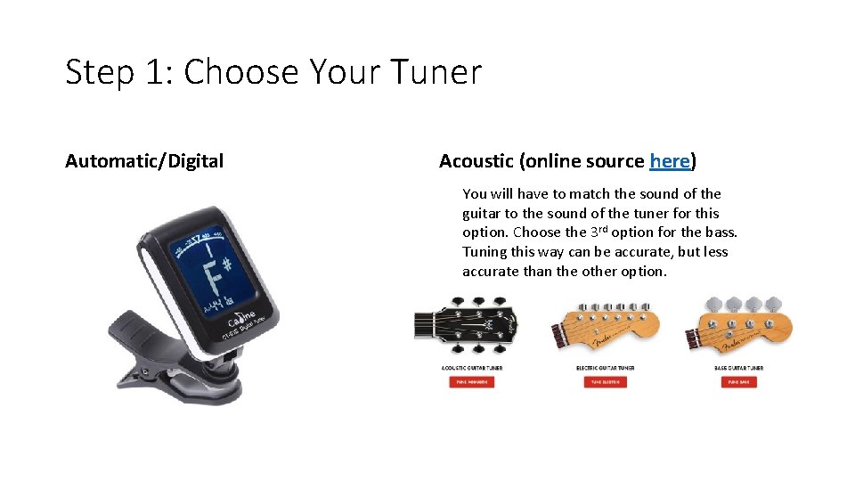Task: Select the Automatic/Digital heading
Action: tap(144, 161)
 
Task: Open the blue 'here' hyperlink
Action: tap(670, 161)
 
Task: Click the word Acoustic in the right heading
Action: tap(476, 161)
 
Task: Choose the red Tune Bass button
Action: tap(739, 382)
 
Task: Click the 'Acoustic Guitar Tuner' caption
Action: tap(471, 368)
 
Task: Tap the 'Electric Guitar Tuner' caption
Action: tap(606, 368)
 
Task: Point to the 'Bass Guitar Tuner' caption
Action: tap(740, 368)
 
